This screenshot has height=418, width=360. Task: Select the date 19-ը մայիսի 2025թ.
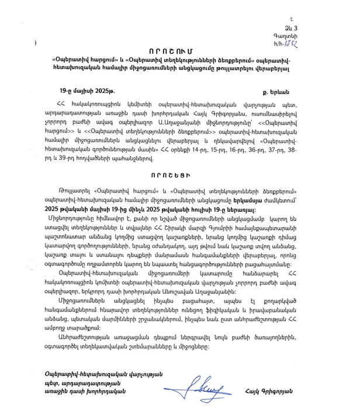coord(87,92)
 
